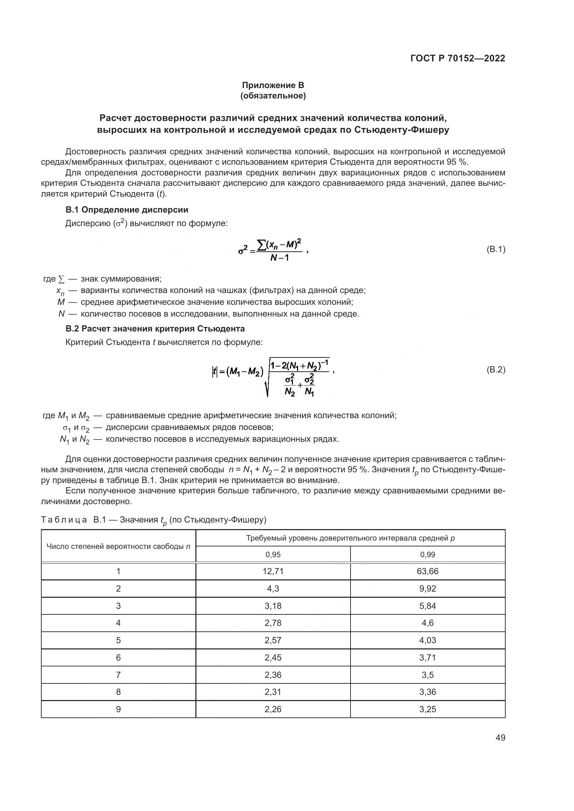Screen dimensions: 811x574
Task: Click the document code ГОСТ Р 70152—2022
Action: click(458, 58)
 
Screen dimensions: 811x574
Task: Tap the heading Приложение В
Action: click(273, 85)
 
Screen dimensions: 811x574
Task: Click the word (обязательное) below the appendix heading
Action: click(273, 96)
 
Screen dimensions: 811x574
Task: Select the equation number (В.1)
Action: click(496, 249)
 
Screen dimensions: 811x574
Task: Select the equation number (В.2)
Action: click(496, 370)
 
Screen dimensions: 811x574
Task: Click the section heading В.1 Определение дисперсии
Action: click(127, 210)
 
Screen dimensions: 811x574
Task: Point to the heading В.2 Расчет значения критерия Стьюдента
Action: click(155, 328)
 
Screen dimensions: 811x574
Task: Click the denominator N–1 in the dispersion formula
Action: click(279, 258)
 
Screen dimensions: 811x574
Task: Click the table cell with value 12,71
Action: click(273, 571)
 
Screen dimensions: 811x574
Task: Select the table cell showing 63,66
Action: click(427, 571)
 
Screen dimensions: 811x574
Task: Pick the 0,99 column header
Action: click(427, 554)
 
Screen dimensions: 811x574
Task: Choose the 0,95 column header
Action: click(273, 554)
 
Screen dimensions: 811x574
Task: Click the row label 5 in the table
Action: click(118, 640)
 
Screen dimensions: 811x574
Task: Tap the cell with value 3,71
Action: click(427, 657)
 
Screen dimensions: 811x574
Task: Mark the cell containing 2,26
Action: click(273, 709)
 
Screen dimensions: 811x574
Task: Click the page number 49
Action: click(500, 737)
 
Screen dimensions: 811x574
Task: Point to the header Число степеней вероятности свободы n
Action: click(118, 546)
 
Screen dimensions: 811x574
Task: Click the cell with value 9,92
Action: click(427, 588)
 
